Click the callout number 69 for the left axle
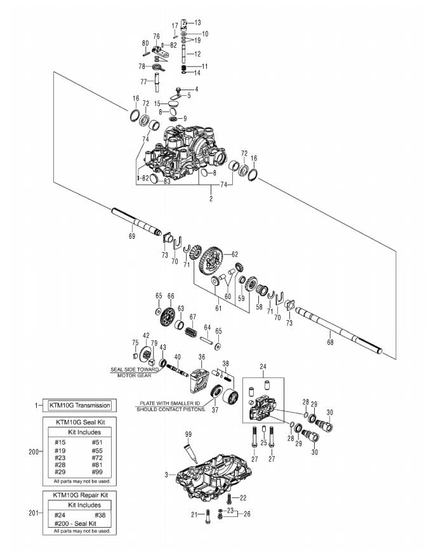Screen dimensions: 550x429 (x=132, y=236)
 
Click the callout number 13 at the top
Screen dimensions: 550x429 (x=197, y=22)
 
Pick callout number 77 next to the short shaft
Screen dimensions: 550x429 (x=143, y=81)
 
